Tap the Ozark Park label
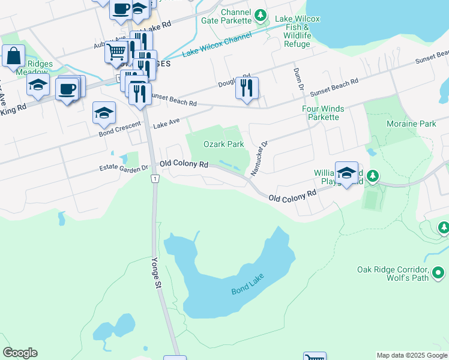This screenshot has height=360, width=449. point(223,144)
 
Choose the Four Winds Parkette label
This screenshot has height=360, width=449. point(321,113)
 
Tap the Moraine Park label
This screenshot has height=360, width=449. point(419,124)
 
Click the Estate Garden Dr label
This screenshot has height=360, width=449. point(124,169)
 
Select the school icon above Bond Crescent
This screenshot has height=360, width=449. point(104,113)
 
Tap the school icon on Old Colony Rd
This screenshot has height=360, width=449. point(346,173)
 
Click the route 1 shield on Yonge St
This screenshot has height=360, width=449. point(155,179)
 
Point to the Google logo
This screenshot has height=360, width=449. point(20,353)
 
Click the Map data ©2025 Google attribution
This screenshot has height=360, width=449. point(411,355)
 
